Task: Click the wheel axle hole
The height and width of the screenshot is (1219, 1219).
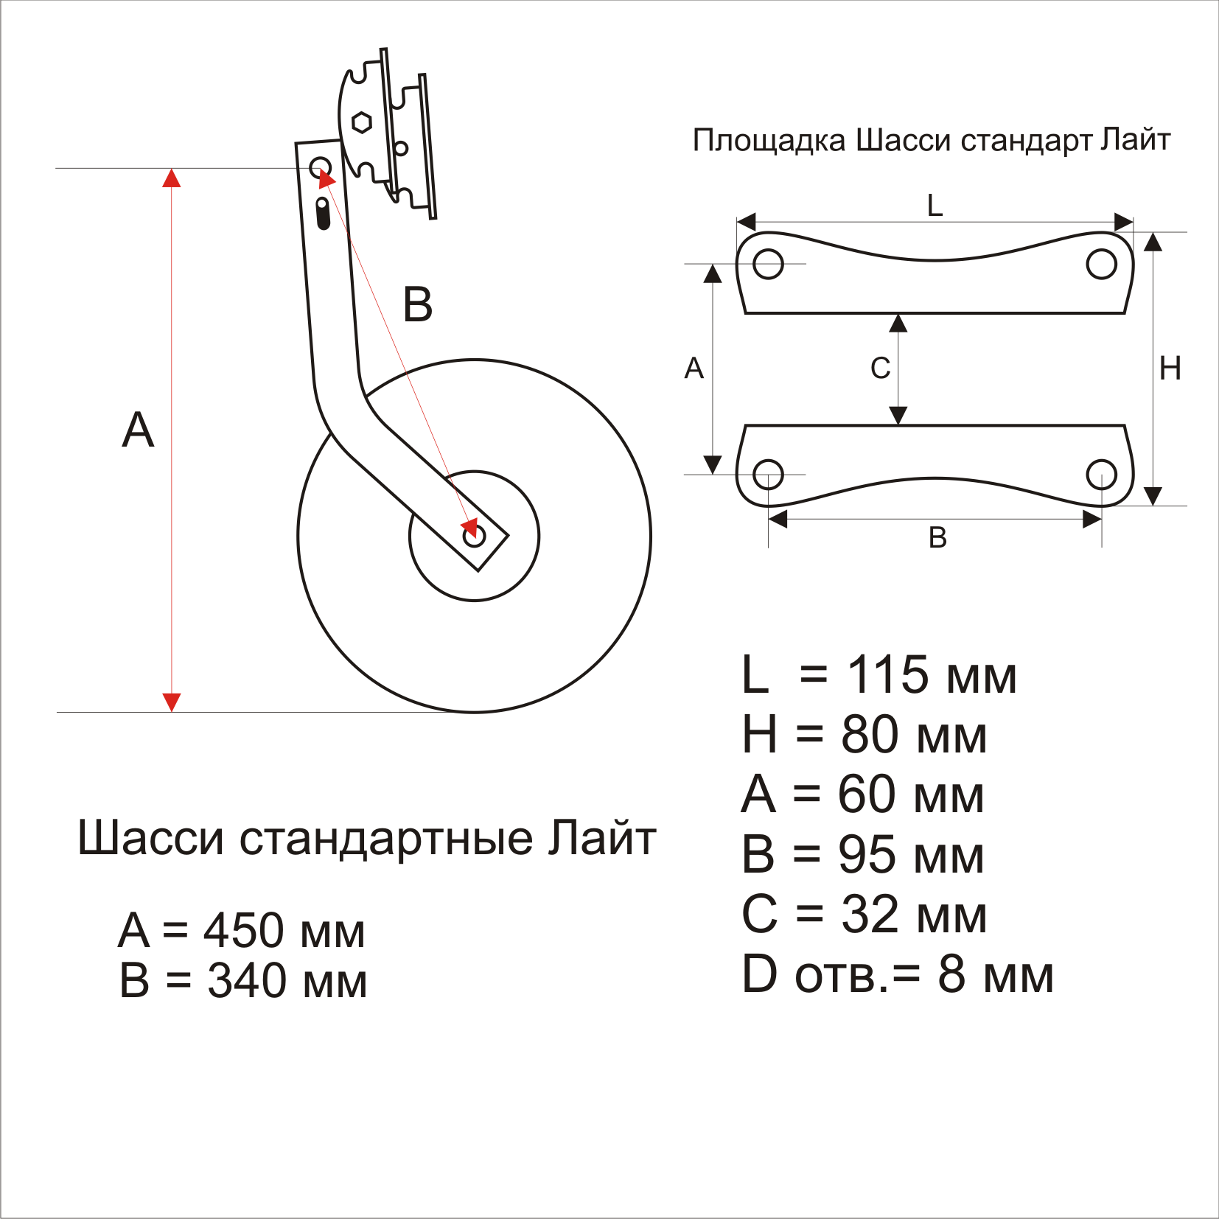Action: pyautogui.click(x=474, y=536)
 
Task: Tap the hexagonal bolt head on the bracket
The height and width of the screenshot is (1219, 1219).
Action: pyautogui.click(x=361, y=122)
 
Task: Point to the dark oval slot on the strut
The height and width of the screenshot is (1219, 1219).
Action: pyautogui.click(x=323, y=213)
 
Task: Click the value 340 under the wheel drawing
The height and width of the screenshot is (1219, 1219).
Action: pyautogui.click(x=247, y=981)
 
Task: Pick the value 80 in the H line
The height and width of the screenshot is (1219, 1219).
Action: pyautogui.click(x=870, y=735)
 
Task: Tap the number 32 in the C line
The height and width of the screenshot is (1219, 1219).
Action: pyautogui.click(x=870, y=915)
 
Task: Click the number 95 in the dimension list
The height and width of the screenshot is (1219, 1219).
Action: pyautogui.click(x=867, y=855)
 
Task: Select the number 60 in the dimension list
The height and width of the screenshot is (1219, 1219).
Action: pyautogui.click(x=867, y=794)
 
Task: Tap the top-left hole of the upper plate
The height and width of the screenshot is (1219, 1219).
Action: pyautogui.click(x=768, y=264)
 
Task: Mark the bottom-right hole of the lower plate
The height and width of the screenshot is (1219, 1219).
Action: pyautogui.click(x=1101, y=475)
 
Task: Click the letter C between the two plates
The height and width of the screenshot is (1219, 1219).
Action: pyautogui.click(x=880, y=368)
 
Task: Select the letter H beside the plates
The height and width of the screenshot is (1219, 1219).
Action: pyautogui.click(x=1170, y=368)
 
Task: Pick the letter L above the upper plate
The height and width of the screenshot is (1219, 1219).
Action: pyautogui.click(x=935, y=205)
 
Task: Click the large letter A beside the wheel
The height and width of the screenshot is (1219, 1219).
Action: pyautogui.click(x=138, y=430)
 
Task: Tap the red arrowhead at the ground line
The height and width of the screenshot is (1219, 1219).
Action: pyautogui.click(x=172, y=702)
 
